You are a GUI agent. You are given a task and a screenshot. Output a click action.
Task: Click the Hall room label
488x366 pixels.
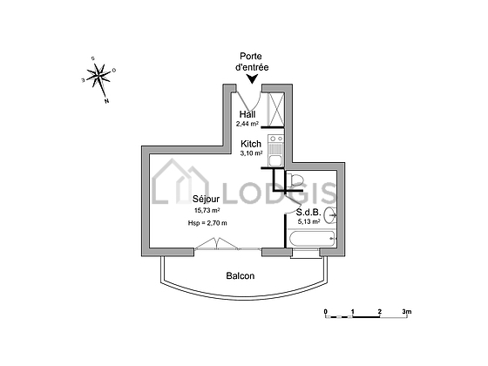pyautogui.click(x=247, y=114)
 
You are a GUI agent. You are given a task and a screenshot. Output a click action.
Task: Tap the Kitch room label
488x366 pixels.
pyautogui.click(x=251, y=144)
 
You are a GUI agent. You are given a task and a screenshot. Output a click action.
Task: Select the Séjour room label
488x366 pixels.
pyautogui.click(x=206, y=200)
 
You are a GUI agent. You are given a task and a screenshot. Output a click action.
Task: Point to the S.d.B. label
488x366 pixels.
pyautogui.click(x=308, y=213)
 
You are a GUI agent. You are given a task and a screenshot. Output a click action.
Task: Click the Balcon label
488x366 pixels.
pyautogui.click(x=241, y=275)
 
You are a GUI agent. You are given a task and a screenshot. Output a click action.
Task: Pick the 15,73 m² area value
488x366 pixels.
pyautogui.click(x=207, y=210)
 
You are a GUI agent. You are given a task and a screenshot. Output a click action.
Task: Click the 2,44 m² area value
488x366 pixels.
pyautogui.click(x=247, y=124)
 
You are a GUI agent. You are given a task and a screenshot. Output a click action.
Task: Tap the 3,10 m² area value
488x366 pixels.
pyautogui.click(x=251, y=153)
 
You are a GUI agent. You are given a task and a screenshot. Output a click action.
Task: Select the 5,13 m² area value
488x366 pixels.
pyautogui.click(x=309, y=221)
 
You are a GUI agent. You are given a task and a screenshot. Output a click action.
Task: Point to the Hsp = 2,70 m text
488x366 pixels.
pyautogui.click(x=207, y=223)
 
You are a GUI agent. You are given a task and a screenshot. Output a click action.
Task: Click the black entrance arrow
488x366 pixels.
pyautogui.click(x=252, y=79)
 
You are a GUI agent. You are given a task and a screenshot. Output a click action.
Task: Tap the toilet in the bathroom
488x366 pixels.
pyautogui.click(x=295, y=180)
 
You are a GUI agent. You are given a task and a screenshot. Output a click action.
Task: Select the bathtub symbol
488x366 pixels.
pyautogui.click(x=312, y=239)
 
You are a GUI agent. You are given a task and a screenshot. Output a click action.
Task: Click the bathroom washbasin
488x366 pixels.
pyautogui.click(x=330, y=215)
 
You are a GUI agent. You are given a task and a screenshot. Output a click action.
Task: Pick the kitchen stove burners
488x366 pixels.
pyautogui.click(x=276, y=139)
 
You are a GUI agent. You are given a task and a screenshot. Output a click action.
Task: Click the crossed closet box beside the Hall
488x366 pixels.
pyautogui.click(x=276, y=109)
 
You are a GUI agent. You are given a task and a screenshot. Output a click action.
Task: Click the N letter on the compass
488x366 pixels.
pyautogui.click(x=106, y=101)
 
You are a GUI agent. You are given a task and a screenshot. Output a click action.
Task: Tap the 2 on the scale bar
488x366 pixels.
pyautogui.click(x=380, y=311)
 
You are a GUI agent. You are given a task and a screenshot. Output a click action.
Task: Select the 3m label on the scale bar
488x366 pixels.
pyautogui.click(x=407, y=311)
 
